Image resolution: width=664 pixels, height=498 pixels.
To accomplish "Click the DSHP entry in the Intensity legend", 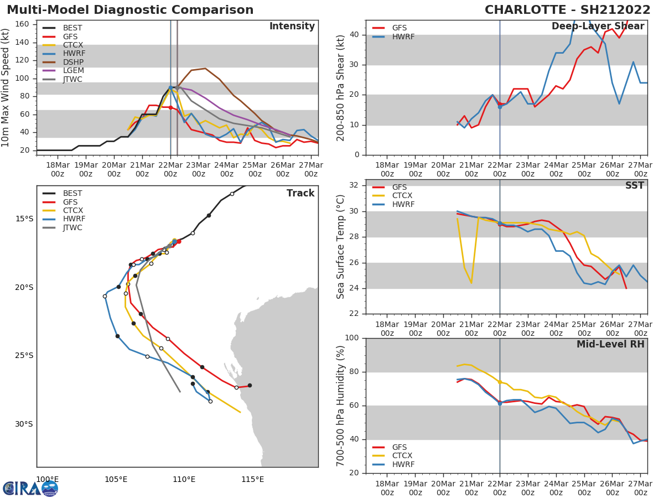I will click(x=72, y=63).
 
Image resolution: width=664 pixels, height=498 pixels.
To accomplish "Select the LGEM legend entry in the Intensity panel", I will click(x=73, y=71).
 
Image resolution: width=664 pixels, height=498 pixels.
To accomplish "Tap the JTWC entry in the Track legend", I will click(x=72, y=228).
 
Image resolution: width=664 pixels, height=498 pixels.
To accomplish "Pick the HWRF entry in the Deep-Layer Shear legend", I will click(x=403, y=37).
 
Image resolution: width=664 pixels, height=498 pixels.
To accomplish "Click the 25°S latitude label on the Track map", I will click(x=24, y=356).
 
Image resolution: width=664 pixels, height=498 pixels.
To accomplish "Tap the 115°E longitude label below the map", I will click(x=252, y=479).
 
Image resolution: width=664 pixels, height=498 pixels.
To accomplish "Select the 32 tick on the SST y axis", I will click(x=354, y=185).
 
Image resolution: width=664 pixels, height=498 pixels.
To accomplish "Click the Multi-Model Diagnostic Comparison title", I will click(x=130, y=10).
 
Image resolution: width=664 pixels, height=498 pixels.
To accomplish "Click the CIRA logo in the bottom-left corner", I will click(x=30, y=488).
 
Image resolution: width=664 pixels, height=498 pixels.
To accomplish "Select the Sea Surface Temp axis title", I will click(x=341, y=247).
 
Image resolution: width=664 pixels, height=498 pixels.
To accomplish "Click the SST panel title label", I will click(x=634, y=186).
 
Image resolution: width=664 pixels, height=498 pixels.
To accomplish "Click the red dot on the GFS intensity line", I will click(x=170, y=107).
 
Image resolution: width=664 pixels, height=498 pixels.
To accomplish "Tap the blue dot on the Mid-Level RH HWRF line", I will click(x=500, y=403).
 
